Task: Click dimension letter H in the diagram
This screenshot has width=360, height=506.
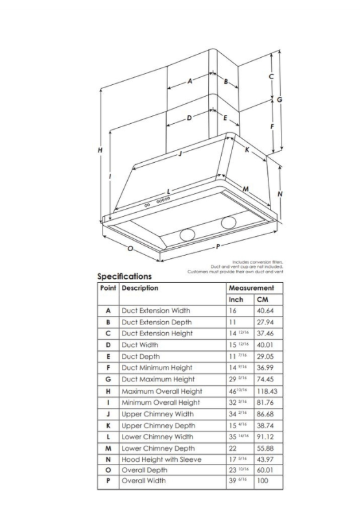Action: point(101,150)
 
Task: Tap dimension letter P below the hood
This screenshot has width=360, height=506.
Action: point(218,247)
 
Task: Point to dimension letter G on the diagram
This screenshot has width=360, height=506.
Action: point(280,100)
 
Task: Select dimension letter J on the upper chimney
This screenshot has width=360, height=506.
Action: point(180,154)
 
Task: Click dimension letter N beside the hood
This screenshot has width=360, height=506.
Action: point(280,194)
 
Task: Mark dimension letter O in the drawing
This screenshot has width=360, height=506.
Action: point(130,248)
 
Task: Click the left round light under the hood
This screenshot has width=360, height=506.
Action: point(187,235)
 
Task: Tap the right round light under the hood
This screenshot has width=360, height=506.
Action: point(229,223)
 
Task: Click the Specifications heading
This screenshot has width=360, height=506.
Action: point(125,276)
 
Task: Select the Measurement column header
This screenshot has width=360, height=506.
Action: point(251,288)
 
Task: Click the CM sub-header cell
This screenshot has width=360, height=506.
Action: point(263,300)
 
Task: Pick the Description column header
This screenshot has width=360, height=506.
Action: point(140,288)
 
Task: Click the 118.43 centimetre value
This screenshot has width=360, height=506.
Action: point(267,391)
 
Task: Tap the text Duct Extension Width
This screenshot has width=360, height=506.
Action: point(156,311)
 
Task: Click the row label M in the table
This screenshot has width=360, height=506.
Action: point(108,448)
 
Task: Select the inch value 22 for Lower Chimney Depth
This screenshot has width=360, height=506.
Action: point(233,448)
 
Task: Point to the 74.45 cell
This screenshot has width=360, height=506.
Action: point(265,379)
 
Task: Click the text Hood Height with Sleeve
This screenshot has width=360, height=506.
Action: point(162,459)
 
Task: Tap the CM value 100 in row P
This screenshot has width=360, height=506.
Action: point(263,481)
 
